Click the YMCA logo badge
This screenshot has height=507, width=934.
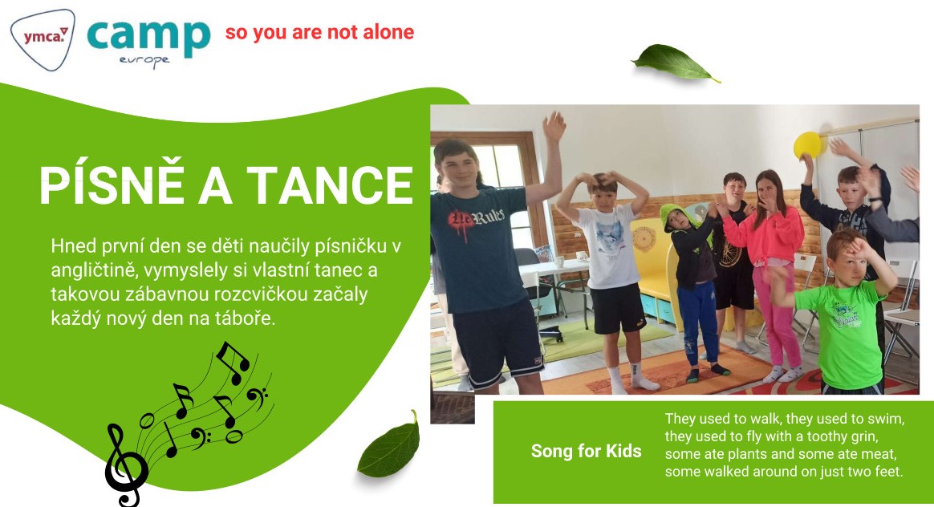click(x=43, y=39)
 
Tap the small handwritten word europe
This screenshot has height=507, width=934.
click(x=144, y=61)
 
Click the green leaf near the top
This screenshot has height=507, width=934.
click(x=676, y=63)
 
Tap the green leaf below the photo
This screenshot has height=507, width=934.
click(x=389, y=446)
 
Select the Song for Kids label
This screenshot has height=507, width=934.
click(x=586, y=451)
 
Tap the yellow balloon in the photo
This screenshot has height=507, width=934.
click(x=808, y=145)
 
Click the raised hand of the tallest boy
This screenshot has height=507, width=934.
click(x=554, y=126)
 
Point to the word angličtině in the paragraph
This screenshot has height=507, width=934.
click(x=88, y=270)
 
